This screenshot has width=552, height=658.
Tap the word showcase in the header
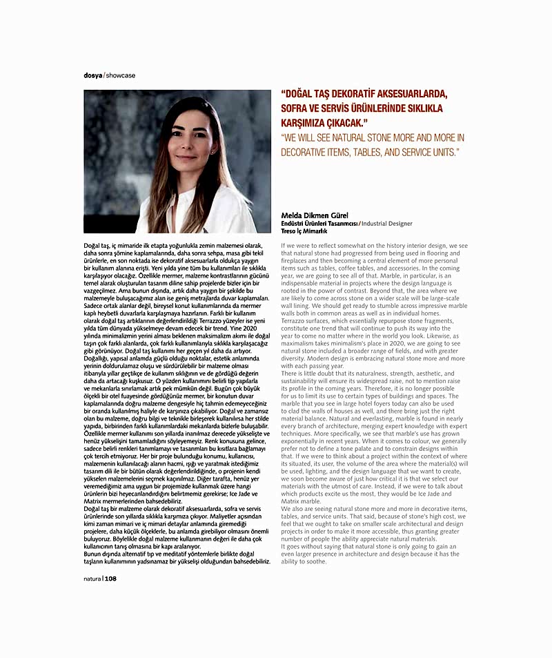(x=121, y=75)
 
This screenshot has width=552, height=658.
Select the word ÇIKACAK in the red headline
(x=363, y=123)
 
